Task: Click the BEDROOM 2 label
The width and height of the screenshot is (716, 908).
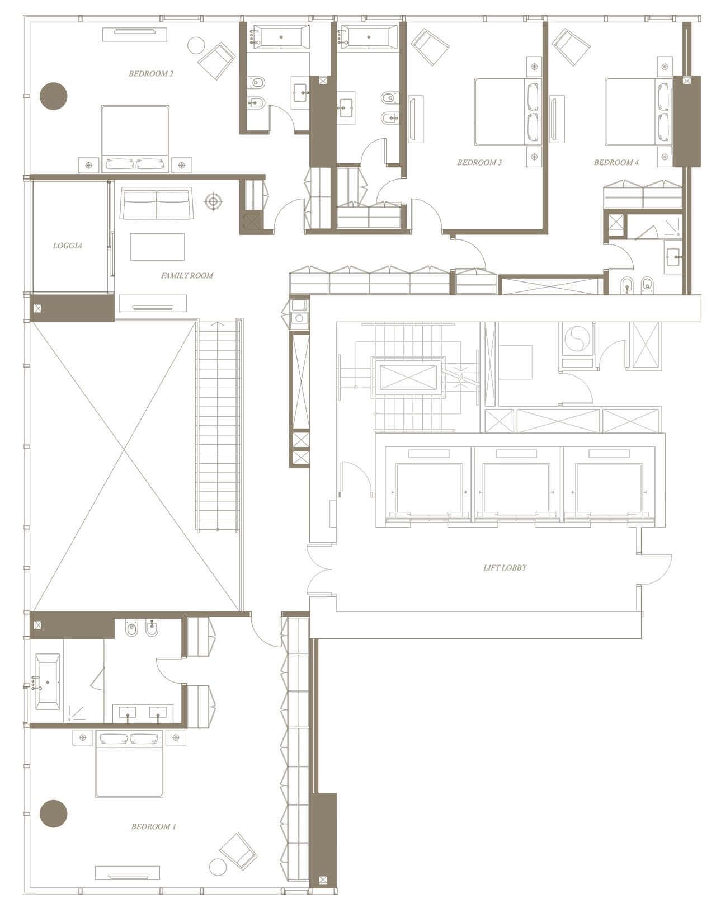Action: click(x=150, y=73)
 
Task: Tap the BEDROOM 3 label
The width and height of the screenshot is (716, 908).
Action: click(x=479, y=162)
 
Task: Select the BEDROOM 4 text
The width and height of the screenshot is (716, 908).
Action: click(x=616, y=162)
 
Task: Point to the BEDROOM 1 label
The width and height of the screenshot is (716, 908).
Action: click(x=153, y=826)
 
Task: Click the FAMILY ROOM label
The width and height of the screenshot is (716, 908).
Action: click(x=187, y=275)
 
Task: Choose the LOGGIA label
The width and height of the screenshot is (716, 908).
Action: click(x=68, y=246)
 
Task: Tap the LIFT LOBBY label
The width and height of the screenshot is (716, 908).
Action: click(x=505, y=567)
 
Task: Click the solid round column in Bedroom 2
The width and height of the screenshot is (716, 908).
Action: click(x=54, y=96)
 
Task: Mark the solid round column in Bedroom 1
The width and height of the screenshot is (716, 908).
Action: click(x=54, y=813)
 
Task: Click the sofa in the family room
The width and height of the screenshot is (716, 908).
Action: click(x=157, y=204)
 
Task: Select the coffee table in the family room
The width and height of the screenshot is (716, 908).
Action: click(x=157, y=247)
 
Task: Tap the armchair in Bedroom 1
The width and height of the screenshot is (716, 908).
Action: click(x=238, y=851)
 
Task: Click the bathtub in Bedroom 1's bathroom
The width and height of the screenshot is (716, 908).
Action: click(x=48, y=681)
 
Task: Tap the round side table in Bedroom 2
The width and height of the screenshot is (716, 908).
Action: click(x=196, y=45)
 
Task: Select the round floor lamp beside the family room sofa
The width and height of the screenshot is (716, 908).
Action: click(x=213, y=201)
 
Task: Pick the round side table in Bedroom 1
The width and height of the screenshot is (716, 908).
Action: click(x=218, y=867)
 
